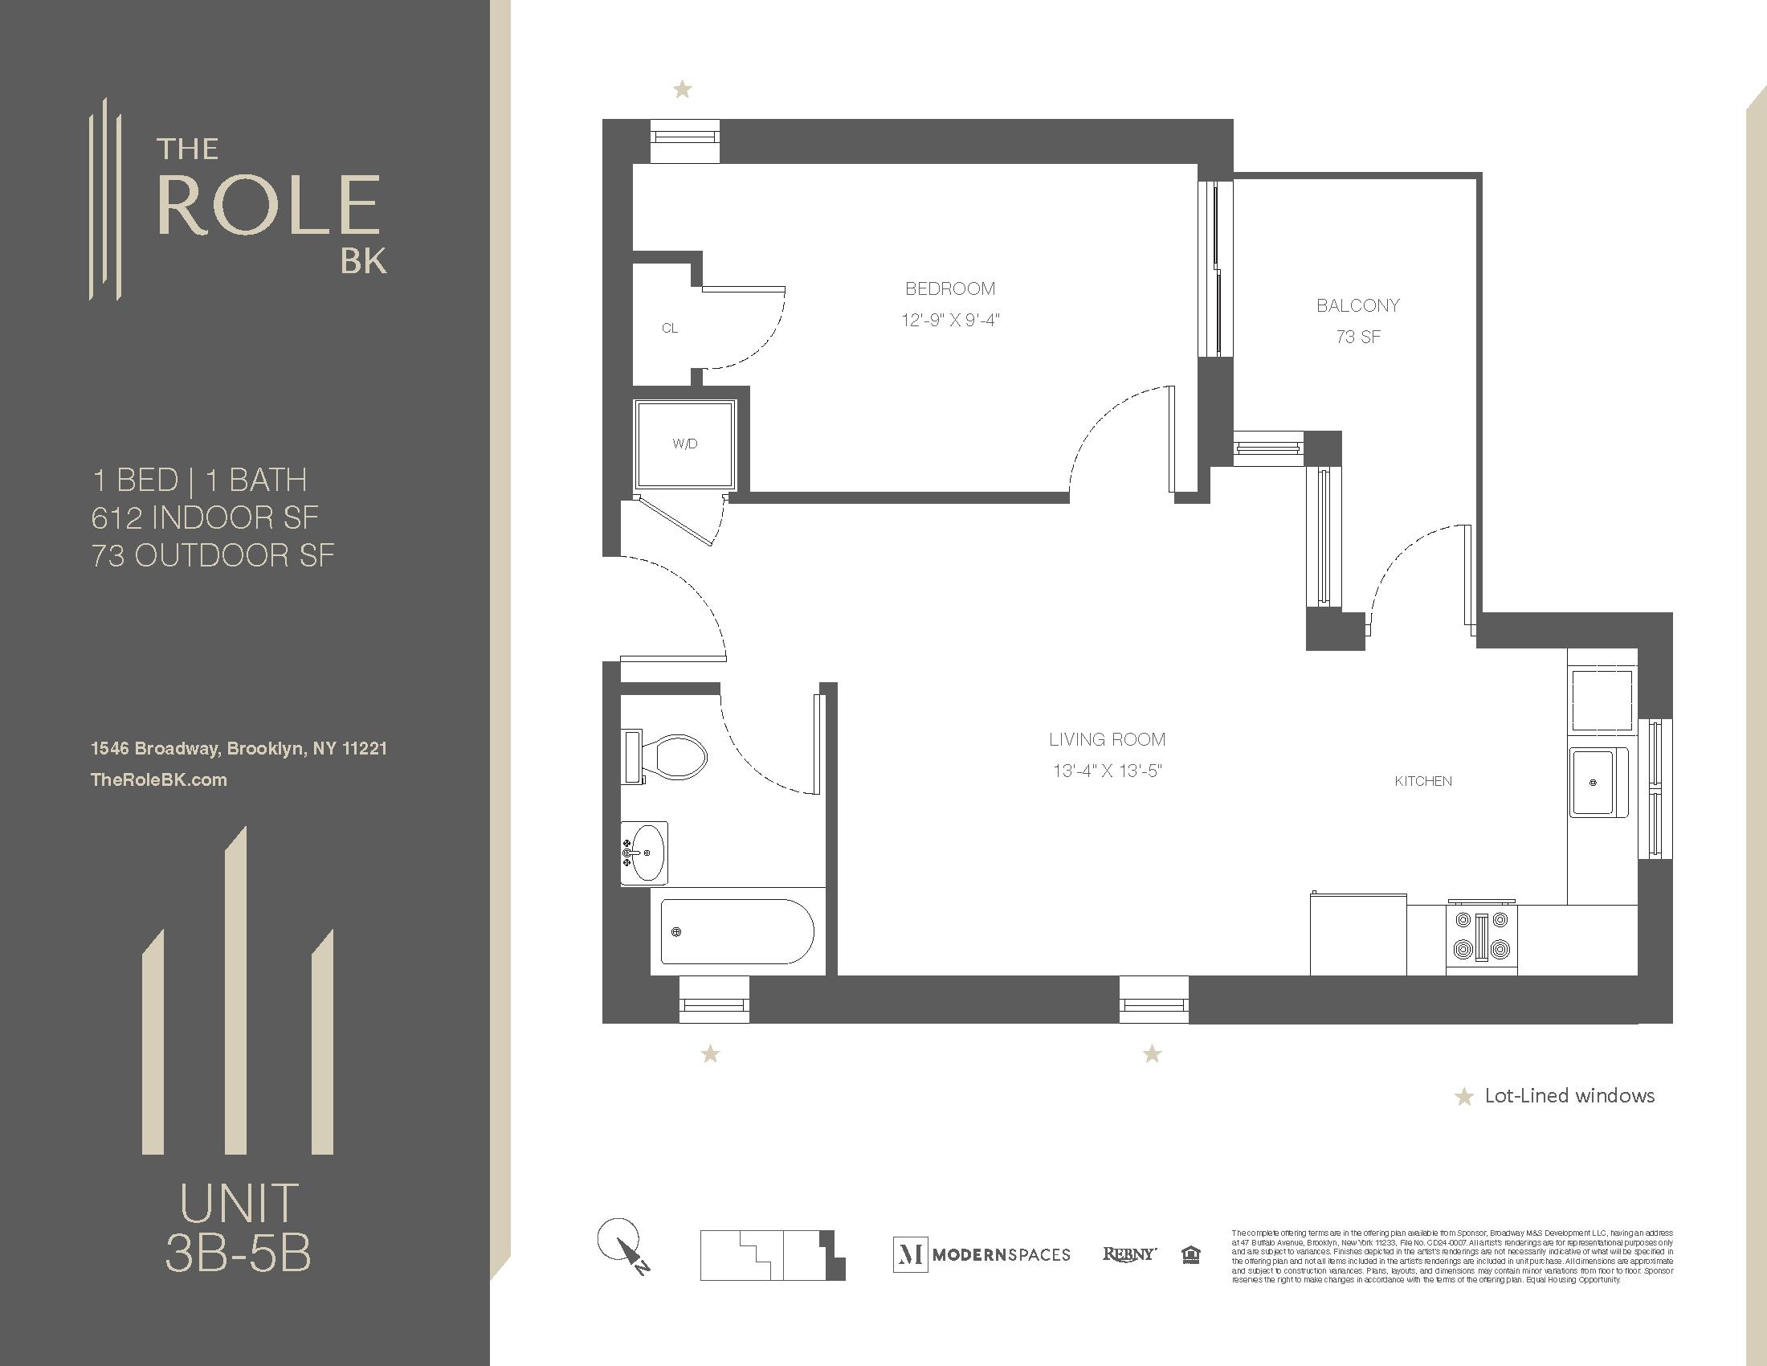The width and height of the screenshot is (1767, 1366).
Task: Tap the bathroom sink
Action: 645,853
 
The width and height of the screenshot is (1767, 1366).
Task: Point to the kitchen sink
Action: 1598,783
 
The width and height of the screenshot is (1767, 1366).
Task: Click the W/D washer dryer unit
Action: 685,444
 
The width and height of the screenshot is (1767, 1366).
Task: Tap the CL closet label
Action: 670,328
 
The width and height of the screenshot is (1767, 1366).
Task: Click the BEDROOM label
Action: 950,289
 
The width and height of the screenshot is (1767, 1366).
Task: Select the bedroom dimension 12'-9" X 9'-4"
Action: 950,321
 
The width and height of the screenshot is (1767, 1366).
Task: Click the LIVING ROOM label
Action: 1107,739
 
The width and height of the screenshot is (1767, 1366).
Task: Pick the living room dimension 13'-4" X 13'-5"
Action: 1107,771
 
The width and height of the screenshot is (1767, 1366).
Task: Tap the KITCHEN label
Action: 1423,781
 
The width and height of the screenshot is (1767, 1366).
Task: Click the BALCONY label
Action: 1357,306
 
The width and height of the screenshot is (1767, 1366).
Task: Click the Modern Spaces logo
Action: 981,1254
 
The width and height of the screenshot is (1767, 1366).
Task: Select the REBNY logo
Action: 1128,1254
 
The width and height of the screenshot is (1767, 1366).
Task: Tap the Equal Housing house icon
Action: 1191,1255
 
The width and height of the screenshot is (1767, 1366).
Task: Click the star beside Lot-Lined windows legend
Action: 1463,1098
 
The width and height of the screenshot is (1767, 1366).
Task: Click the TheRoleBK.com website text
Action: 158,780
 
